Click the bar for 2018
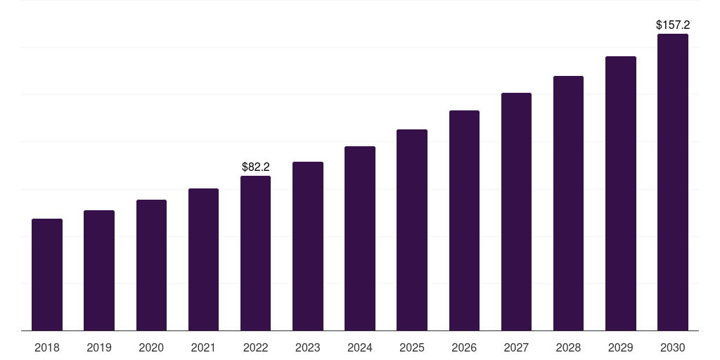pos(47,275)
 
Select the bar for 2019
pos(99,271)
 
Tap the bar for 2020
pos(151,265)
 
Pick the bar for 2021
pos(203,259)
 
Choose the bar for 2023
pos(308,246)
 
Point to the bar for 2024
pos(360,238)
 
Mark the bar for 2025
pos(412,230)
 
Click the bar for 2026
pos(464,221)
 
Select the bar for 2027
pos(516,212)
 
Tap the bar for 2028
pos(568,203)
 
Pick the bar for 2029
pos(621,193)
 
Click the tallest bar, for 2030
pos(673,182)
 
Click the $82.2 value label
pos(256,167)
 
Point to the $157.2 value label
pos(673,25)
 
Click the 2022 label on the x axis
pos(256,347)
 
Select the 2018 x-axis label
pos(47,347)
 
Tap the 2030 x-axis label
pos(673,347)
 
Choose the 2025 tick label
pos(412,347)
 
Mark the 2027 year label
pos(516,347)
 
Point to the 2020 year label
pos(151,347)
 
